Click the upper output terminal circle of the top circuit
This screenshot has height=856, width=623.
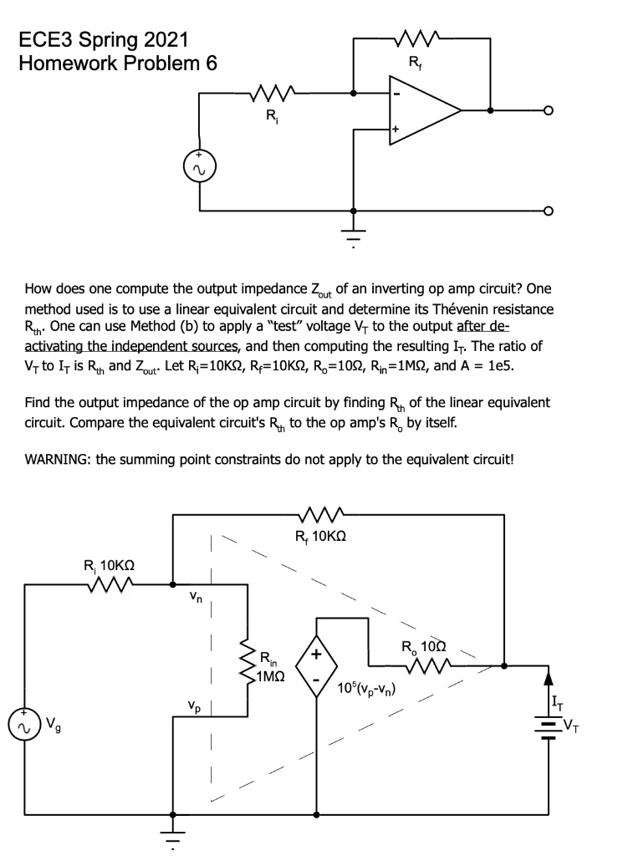coord(548,110)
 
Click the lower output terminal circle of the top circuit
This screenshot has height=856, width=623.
coord(548,210)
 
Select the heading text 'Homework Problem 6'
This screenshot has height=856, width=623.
coord(117,64)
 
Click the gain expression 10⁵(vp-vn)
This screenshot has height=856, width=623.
coord(366,690)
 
